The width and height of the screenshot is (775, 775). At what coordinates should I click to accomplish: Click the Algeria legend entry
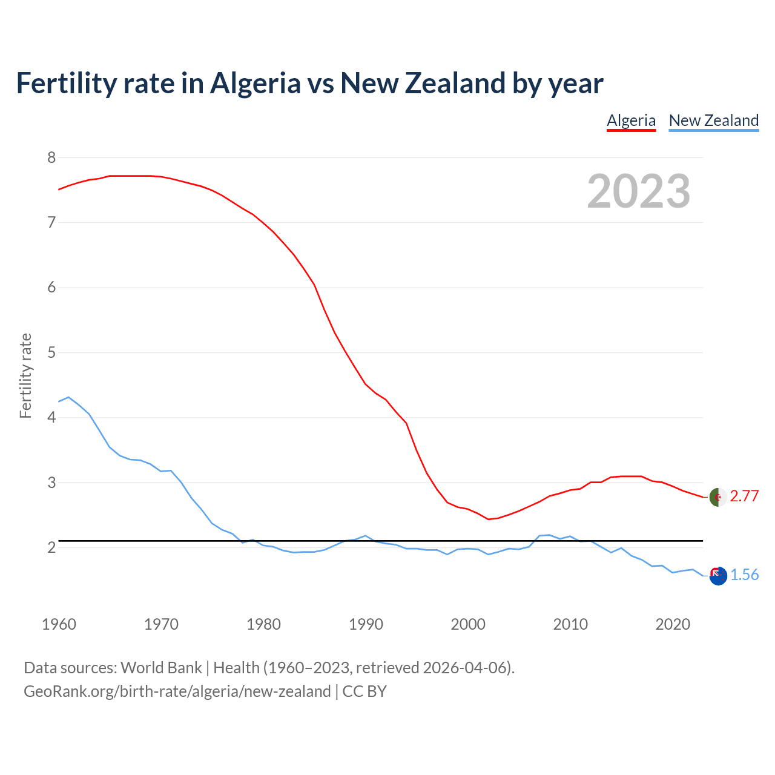631,120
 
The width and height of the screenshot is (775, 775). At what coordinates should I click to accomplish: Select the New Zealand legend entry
713,120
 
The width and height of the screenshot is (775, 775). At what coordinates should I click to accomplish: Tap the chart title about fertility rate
309,83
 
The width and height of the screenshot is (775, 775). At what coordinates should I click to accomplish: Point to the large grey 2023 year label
639,191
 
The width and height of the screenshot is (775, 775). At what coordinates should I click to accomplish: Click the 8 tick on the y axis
51,157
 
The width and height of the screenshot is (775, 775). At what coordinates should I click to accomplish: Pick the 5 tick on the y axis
51,352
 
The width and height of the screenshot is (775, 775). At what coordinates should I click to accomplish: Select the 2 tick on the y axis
51,547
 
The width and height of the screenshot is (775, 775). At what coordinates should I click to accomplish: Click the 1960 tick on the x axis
59,624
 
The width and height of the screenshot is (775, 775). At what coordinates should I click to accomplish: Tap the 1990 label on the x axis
366,624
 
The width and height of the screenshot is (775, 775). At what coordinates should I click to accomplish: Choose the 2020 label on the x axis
673,624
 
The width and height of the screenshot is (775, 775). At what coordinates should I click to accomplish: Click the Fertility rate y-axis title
25,375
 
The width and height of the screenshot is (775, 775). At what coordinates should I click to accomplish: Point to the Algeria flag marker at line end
717,497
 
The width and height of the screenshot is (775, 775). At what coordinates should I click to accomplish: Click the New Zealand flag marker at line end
717,576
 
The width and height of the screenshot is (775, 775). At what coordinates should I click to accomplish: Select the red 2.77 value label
744,496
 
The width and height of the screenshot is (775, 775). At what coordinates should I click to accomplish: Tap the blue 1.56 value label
744,575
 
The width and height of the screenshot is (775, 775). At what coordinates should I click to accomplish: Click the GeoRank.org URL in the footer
177,691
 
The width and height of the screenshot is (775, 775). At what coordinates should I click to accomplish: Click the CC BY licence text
364,691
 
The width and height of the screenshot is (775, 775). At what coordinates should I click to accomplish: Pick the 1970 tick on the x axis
161,624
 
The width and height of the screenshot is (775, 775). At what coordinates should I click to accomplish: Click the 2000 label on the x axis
468,624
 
